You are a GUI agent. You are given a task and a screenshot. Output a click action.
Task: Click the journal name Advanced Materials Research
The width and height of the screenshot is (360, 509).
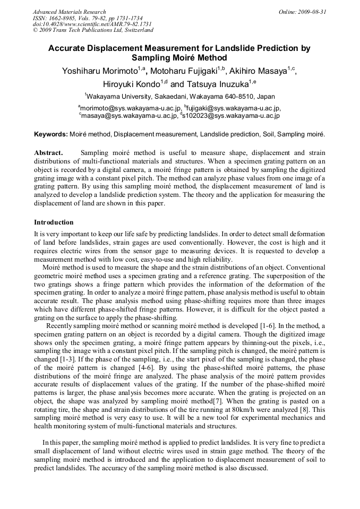pos(69,12)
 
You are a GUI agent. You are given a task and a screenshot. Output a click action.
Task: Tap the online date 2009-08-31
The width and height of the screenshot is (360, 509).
pos(313,12)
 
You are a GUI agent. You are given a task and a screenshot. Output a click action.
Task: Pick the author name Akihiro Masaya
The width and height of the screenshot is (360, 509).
pos(257,72)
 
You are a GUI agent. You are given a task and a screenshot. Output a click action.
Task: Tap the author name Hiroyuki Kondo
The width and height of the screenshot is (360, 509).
pos(131,84)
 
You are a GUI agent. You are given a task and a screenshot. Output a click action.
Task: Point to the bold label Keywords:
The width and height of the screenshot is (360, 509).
pos(51,134)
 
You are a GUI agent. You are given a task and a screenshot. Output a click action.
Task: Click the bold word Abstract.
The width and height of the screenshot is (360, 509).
pos(48,153)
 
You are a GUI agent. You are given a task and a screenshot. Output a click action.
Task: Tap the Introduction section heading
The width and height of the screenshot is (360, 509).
pos(54,222)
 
